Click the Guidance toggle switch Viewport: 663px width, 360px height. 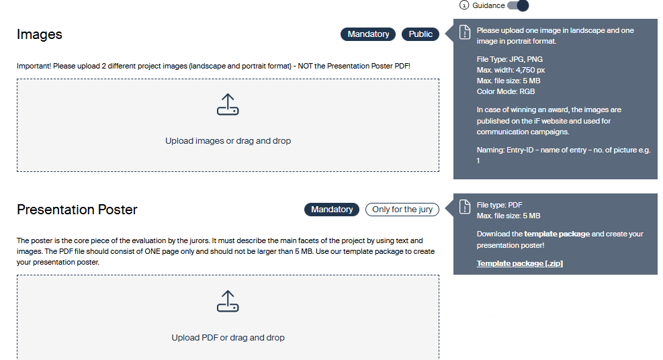[518, 5]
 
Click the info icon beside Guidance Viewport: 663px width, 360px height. [464, 5]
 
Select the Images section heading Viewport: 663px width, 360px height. [40, 34]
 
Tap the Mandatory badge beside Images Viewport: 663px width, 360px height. [368, 34]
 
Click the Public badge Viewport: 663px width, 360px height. [421, 34]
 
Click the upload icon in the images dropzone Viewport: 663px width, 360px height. [228, 104]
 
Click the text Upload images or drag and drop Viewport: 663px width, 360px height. [228, 140]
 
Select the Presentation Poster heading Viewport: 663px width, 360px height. [77, 210]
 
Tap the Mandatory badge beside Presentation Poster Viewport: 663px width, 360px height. [332, 210]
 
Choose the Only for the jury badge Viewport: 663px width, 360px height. [402, 210]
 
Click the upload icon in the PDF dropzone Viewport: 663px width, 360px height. [228, 301]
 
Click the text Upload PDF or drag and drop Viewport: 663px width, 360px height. [228, 338]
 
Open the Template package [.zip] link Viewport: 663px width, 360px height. [520, 263]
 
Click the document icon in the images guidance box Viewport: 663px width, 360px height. [465, 32]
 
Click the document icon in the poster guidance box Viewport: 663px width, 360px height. [465, 207]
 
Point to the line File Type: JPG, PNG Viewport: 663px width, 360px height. [510, 59]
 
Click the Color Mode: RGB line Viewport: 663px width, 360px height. [506, 92]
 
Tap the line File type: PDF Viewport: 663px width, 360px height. [499, 205]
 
